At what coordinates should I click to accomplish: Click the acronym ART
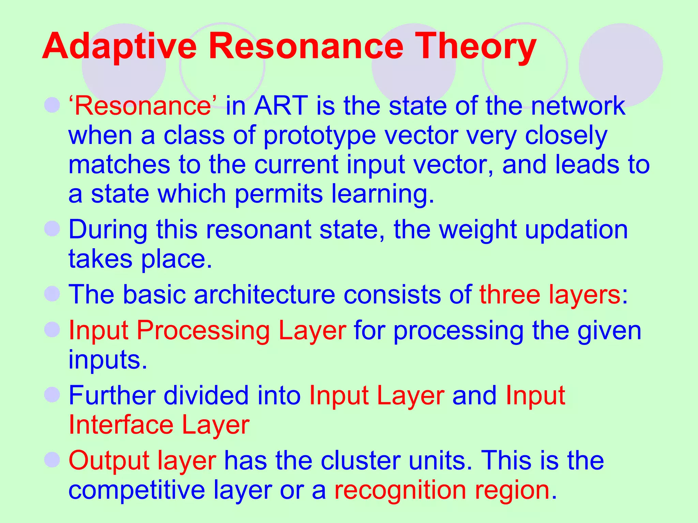pyautogui.click(x=281, y=106)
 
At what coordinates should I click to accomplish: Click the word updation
pyautogui.click(x=576, y=229)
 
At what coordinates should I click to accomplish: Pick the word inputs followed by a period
pyautogui.click(x=108, y=360)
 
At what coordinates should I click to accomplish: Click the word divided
pyautogui.click(x=206, y=396)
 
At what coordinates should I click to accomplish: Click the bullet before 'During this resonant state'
pyautogui.click(x=52, y=228)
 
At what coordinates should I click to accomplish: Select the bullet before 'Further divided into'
pyautogui.click(x=52, y=395)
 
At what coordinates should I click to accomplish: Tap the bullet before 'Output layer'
pyautogui.click(x=52, y=460)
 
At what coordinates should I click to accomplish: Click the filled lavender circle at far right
pyautogui.click(x=621, y=65)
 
